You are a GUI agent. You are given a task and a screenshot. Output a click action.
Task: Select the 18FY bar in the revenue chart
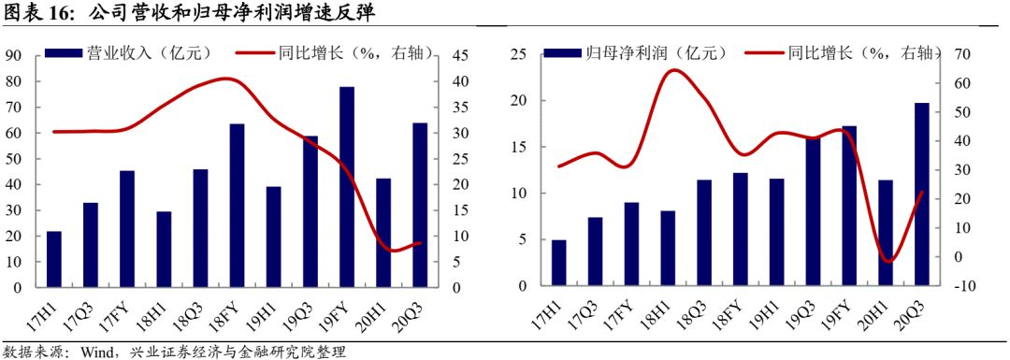[x=238, y=205]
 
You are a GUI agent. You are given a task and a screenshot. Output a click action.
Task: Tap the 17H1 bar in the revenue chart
[x=54, y=258]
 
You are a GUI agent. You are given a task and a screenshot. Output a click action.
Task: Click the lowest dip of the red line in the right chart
[x=888, y=261]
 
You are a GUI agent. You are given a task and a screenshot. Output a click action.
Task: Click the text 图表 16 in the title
[x=38, y=12]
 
